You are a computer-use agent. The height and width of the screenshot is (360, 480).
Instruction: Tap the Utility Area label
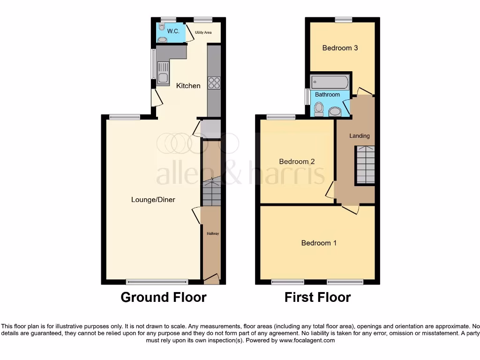pyautogui.click(x=203, y=32)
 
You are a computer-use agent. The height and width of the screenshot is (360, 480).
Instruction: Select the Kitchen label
pyautogui.click(x=188, y=86)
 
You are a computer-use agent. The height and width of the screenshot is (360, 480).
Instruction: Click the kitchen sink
pyautogui.click(x=163, y=78)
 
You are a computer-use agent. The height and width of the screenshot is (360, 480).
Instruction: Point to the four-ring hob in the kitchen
pyautogui.click(x=214, y=83)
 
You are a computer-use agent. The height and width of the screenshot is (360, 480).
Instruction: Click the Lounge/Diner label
pyautogui.click(x=153, y=200)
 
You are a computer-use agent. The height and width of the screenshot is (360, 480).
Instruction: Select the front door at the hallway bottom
pyautogui.click(x=211, y=279)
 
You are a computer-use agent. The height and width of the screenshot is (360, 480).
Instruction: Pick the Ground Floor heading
pyautogui.click(x=163, y=297)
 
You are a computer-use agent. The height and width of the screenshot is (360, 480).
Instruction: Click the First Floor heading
pyautogui.click(x=317, y=297)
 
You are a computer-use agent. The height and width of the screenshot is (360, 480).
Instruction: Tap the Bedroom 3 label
pyautogui.click(x=340, y=48)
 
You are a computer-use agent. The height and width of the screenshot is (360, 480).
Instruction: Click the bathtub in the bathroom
pyautogui.click(x=330, y=82)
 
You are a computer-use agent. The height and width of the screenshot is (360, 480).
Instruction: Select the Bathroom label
pyautogui.click(x=327, y=95)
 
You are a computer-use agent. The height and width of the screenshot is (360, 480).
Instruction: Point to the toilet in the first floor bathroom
pyautogui.click(x=319, y=109)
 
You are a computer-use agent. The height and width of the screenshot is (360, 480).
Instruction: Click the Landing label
pyautogui.click(x=360, y=136)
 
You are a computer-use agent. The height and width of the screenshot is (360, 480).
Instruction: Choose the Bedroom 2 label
pyautogui.click(x=297, y=162)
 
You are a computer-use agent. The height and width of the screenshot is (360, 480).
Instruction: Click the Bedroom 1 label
pyautogui.click(x=319, y=243)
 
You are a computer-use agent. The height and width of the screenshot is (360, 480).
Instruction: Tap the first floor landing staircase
pyautogui.click(x=365, y=165)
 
